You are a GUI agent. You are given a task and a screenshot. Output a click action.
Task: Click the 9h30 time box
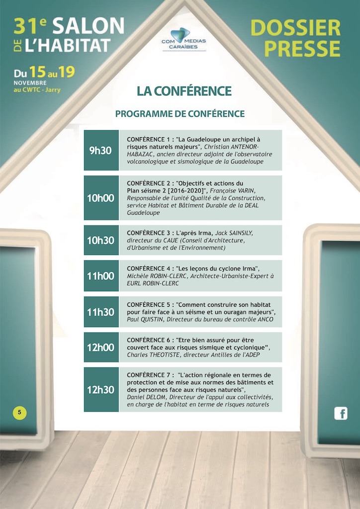pos(101,151)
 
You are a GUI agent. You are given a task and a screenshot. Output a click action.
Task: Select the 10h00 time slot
pos(101,198)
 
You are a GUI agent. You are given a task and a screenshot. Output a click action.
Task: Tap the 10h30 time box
pos(101,240)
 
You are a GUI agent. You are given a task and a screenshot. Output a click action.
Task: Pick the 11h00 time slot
pos(101,276)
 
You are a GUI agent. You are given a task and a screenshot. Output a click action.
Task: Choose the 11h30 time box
pos(101,312)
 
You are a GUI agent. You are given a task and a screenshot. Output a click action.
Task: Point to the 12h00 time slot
pos(101,347)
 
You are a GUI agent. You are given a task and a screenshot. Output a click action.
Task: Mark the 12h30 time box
pos(101,390)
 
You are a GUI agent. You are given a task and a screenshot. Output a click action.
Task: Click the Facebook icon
pos(341,413)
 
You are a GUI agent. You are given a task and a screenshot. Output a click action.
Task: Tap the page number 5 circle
pos(19,412)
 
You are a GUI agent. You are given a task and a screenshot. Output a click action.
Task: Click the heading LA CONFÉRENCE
pos(184,91)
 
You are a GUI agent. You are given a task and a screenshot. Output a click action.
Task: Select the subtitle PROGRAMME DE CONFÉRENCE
pos(180,114)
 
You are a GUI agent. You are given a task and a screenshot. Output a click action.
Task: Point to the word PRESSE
pos(302,49)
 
